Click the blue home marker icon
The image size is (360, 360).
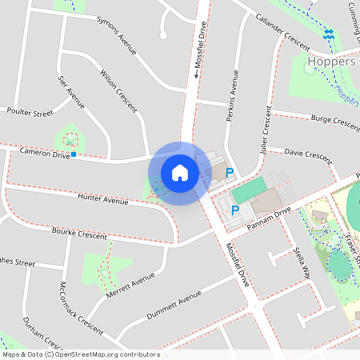tap(180, 172)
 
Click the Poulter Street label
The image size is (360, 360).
tap(30, 113)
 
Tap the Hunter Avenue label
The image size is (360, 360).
tap(104, 198)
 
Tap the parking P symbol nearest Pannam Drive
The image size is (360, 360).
tap(235, 211)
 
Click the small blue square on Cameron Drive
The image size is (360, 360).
tap(74, 154)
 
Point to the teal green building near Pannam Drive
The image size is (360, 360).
tap(249, 189)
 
